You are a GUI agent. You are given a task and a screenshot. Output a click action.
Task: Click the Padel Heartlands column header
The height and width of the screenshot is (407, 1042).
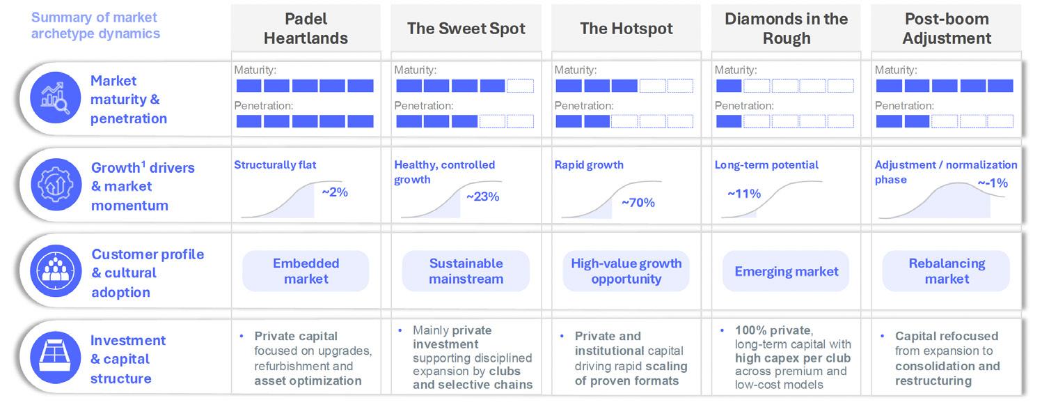click(306, 29)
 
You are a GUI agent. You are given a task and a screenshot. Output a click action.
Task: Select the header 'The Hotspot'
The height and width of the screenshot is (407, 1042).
click(626, 29)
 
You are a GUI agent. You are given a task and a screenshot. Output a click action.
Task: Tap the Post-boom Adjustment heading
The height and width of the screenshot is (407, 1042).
click(947, 29)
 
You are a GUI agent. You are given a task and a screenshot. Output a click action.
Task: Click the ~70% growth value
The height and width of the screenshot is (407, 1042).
click(638, 203)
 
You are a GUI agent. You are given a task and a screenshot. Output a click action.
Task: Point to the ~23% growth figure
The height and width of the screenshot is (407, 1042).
click(483, 197)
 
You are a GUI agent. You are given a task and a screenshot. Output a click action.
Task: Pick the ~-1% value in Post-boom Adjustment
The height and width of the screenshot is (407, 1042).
click(993, 183)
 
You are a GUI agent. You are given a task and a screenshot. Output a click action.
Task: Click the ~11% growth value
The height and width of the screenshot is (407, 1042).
click(744, 194)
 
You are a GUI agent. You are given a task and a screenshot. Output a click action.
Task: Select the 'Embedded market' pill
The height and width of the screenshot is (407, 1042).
click(306, 271)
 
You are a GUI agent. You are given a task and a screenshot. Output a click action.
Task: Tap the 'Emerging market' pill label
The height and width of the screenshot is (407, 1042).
click(786, 271)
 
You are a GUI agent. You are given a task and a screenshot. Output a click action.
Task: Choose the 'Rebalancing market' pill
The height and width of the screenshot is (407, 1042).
click(947, 271)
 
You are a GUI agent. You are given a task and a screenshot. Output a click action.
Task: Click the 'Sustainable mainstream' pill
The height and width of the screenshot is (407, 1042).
click(466, 271)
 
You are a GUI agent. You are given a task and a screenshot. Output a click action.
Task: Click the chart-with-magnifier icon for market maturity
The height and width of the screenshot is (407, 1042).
click(56, 98)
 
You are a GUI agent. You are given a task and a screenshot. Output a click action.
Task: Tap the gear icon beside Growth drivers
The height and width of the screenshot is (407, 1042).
click(56, 185)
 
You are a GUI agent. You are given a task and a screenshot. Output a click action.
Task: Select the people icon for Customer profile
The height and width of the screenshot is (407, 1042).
click(56, 271)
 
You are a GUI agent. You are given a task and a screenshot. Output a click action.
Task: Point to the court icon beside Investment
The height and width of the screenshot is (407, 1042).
click(56, 358)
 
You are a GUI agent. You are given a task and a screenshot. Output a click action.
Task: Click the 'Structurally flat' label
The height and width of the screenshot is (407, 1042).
click(275, 165)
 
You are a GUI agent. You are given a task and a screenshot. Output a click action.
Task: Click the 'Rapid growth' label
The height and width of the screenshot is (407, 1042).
click(589, 165)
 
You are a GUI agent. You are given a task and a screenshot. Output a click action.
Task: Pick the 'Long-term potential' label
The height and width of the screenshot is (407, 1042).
click(766, 165)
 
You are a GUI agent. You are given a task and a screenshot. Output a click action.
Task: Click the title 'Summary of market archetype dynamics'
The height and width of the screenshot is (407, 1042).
click(95, 25)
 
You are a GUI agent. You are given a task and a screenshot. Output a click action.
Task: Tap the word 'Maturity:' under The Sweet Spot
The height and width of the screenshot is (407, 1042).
click(416, 70)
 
